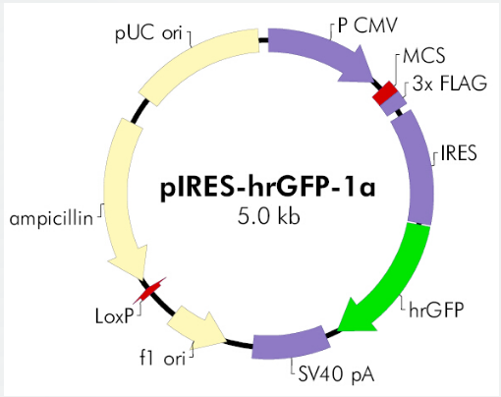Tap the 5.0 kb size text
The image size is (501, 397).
point(268,216)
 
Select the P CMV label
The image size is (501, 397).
point(367,26)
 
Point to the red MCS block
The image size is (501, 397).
point(385,92)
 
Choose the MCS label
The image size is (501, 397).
point(423,56)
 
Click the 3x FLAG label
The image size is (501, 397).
point(449,84)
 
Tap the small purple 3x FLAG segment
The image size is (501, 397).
point(395,103)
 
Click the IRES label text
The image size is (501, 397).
point(459,152)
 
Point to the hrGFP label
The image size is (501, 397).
point(436,310)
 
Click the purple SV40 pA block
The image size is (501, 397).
point(290,343)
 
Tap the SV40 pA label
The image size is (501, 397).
point(336,373)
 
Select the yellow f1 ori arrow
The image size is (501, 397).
point(196,328)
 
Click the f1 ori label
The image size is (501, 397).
point(162,358)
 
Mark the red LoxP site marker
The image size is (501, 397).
point(149,290)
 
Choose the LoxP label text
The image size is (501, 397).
point(115,316)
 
